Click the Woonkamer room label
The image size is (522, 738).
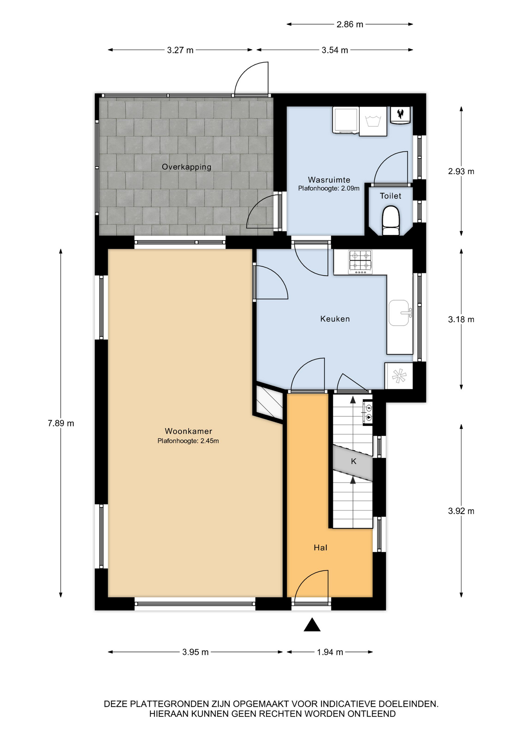(188, 431)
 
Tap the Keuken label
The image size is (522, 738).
(335, 319)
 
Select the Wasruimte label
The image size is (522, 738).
(329, 180)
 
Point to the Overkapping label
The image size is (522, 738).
(186, 167)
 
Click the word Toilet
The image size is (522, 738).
(391, 196)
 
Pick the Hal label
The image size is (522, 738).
(321, 548)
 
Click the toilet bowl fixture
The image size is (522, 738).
(391, 220)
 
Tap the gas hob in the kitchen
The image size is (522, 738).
(360, 262)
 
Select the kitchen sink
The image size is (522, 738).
(399, 312)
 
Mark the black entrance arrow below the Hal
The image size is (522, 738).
(312, 625)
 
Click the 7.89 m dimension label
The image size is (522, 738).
(61, 423)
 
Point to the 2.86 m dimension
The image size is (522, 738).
(350, 24)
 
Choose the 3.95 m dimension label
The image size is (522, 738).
(195, 652)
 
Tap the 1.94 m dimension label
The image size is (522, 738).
(330, 652)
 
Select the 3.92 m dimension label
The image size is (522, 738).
(461, 511)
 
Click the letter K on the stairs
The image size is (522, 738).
(354, 461)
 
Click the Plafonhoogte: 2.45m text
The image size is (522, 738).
(188, 441)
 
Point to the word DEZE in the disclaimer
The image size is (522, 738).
(116, 704)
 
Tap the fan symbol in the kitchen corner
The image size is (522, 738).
(399, 376)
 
